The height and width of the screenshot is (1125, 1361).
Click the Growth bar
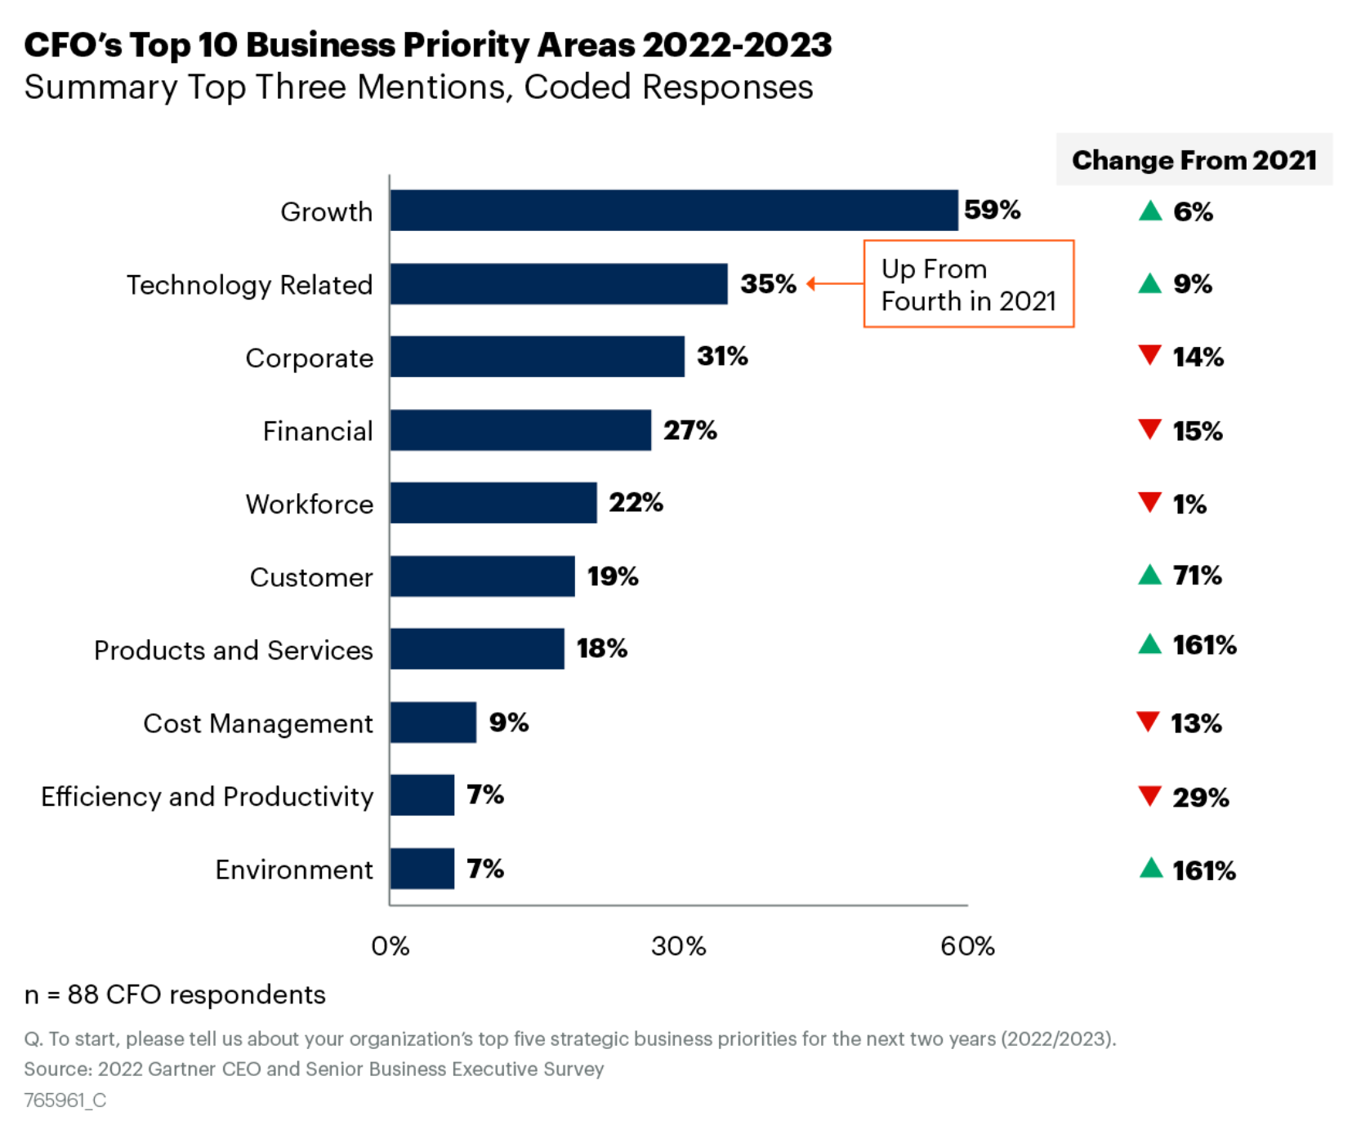pos(673,211)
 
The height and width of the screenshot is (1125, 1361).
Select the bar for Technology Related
pos(558,284)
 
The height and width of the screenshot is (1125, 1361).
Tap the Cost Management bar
pos(433,723)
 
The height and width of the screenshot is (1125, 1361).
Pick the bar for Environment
pos(422,869)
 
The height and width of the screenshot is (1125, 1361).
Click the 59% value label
pos(992,210)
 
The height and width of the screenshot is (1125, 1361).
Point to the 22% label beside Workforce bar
pos(636,503)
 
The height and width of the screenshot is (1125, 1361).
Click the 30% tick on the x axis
pos(678,945)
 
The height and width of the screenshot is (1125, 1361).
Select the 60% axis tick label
pos(967,945)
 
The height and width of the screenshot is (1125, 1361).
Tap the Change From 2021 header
pos(1194,160)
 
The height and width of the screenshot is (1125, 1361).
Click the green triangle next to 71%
pos(1149,575)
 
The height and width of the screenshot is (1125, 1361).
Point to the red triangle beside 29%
pos(1149,795)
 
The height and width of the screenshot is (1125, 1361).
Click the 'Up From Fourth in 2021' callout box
pos(968,284)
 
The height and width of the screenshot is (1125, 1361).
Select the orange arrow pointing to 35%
pos(833,283)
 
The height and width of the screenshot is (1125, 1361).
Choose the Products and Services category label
pos(234,650)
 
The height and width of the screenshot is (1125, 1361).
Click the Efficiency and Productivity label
pos(207,796)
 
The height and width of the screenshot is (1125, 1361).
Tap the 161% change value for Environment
pos(1203,870)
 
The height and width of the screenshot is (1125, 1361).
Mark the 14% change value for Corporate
pos(1198,357)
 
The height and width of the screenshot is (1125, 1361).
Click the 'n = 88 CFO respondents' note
pos(175,994)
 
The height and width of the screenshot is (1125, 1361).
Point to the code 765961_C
pos(65,1100)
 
